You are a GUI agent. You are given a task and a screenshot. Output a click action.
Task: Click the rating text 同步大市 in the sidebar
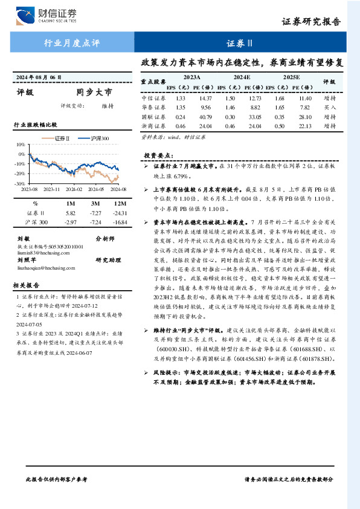tap(94, 92)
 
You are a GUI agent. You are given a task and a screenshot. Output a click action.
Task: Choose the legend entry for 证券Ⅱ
tap(62, 139)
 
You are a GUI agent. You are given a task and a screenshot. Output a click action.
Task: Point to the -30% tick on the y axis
tap(19, 183)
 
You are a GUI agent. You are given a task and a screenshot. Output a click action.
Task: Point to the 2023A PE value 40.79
tap(205, 117)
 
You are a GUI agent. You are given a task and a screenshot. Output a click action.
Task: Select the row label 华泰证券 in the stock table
tap(153, 107)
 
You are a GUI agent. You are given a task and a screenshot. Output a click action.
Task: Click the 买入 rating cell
tap(329, 107)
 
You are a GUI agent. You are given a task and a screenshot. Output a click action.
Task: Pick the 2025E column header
tap(291, 77)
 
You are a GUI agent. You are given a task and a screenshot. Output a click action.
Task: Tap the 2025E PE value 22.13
tap(305, 126)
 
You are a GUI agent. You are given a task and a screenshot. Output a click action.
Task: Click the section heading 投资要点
tap(158, 155)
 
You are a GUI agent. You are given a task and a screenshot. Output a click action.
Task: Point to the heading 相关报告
tap(27, 285)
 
